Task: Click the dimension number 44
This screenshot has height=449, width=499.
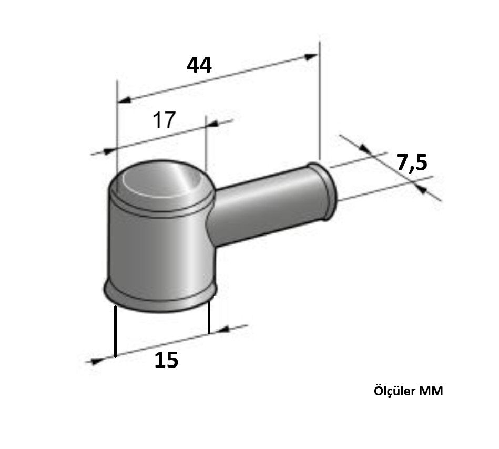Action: point(199,65)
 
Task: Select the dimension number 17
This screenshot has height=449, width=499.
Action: point(164,120)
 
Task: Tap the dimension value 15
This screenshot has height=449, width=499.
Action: point(166,361)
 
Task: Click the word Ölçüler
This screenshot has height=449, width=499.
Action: point(394,392)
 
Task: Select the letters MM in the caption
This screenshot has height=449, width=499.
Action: point(431,392)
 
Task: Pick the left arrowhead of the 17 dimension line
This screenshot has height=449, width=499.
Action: point(109,151)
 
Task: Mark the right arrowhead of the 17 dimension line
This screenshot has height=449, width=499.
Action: point(212,124)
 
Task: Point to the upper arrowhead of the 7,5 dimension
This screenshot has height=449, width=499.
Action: point(364,149)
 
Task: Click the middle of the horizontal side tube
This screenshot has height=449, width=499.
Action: point(263,208)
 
